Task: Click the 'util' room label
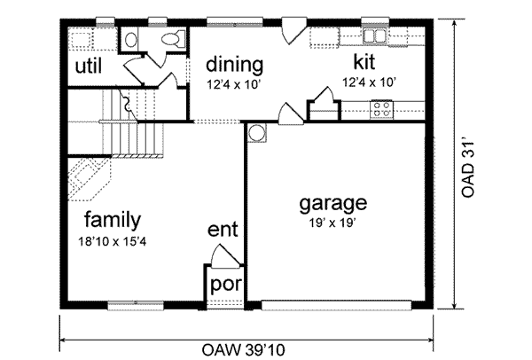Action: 88,67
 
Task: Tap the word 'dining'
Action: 233,66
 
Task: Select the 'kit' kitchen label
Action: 362,62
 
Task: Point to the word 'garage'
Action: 334,203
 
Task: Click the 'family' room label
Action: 113,219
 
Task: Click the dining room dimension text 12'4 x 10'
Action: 233,84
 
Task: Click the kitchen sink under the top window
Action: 374,36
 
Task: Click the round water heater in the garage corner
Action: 257,133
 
